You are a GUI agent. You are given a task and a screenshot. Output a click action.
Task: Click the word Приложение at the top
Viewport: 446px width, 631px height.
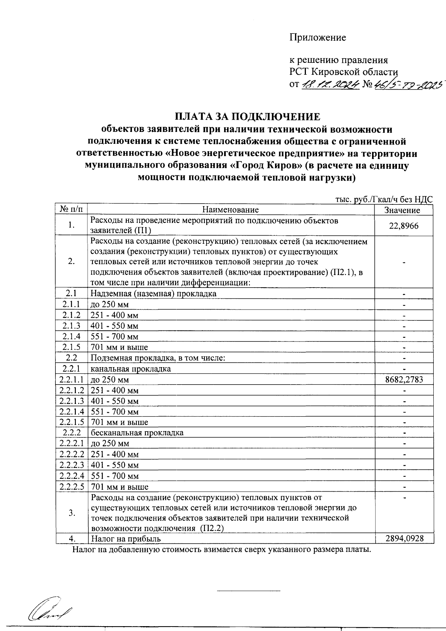coord(318,38)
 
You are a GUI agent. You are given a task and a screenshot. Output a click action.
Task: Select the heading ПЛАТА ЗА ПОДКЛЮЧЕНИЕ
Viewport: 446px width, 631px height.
coord(247,117)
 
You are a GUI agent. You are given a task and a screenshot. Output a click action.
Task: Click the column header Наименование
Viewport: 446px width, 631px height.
coord(230,210)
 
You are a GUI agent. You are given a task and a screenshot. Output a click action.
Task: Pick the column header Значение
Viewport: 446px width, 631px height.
coord(402,210)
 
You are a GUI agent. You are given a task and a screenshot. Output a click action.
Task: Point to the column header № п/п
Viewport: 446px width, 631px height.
coord(71,209)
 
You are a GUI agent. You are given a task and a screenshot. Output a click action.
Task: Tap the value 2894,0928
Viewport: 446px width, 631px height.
coord(404,538)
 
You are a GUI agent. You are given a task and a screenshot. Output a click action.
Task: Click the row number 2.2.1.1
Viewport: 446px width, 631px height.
coord(71,380)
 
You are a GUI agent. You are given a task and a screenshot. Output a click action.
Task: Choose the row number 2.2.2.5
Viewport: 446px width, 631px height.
coord(71,487)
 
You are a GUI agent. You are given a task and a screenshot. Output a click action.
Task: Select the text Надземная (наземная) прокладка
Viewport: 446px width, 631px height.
coord(153,294)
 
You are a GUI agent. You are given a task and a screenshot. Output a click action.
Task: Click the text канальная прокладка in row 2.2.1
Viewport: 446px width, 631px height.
coord(131,369)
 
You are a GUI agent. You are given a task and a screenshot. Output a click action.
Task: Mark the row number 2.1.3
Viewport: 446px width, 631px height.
coord(71,326)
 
